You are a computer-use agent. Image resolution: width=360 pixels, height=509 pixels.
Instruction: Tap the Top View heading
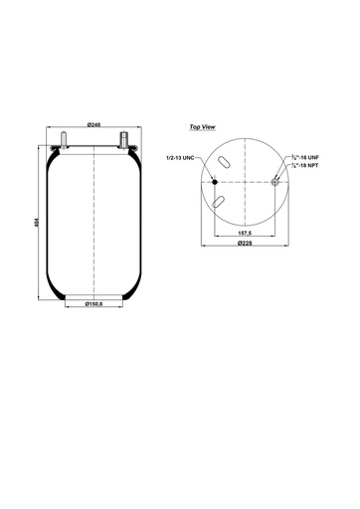pos(202,127)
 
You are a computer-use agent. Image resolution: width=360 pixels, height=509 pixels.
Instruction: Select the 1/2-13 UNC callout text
pos(184,157)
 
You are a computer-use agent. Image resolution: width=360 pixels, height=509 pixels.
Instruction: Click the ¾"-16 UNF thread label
pos(303,157)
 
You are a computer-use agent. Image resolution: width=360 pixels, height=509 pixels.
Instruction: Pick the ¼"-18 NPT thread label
pos(303,165)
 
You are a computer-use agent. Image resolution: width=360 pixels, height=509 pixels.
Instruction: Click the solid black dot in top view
pos(214,182)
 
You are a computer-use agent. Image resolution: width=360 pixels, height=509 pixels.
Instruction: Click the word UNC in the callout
pos(194,157)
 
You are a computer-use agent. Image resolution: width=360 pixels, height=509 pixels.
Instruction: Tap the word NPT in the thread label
pos(312,165)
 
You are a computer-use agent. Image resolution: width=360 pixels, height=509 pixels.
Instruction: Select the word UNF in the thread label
pos(312,157)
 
